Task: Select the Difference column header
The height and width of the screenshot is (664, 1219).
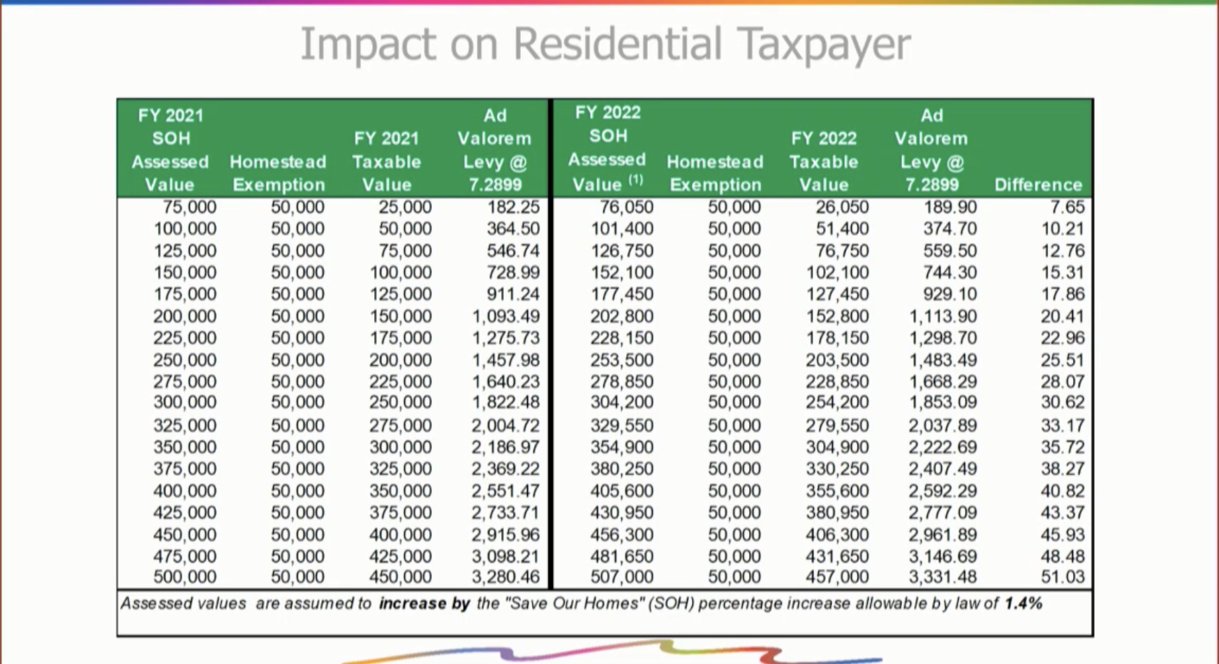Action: click(1037, 185)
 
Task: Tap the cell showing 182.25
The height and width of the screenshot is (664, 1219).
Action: click(513, 207)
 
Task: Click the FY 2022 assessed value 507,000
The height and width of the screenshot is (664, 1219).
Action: click(621, 577)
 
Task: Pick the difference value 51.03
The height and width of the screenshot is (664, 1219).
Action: click(1063, 577)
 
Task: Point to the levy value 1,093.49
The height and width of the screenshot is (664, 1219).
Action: click(505, 316)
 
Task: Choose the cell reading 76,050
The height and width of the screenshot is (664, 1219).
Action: click(626, 207)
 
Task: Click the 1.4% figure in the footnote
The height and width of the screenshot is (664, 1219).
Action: click(1023, 603)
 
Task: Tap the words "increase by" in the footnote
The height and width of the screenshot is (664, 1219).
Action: click(424, 603)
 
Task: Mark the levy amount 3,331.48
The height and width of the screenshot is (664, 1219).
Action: click(943, 577)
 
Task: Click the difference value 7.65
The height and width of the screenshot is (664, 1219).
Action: click(1067, 207)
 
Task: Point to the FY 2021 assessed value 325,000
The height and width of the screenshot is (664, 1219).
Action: click(184, 425)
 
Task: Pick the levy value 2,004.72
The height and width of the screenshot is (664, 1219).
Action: click(505, 425)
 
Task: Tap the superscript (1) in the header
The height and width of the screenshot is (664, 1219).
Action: click(635, 180)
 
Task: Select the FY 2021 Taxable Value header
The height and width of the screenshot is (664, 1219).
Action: click(386, 161)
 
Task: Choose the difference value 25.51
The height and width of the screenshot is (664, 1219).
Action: click(1063, 360)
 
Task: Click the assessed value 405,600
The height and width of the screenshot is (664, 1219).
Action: click(621, 491)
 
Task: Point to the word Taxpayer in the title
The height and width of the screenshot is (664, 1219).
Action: click(824, 44)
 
